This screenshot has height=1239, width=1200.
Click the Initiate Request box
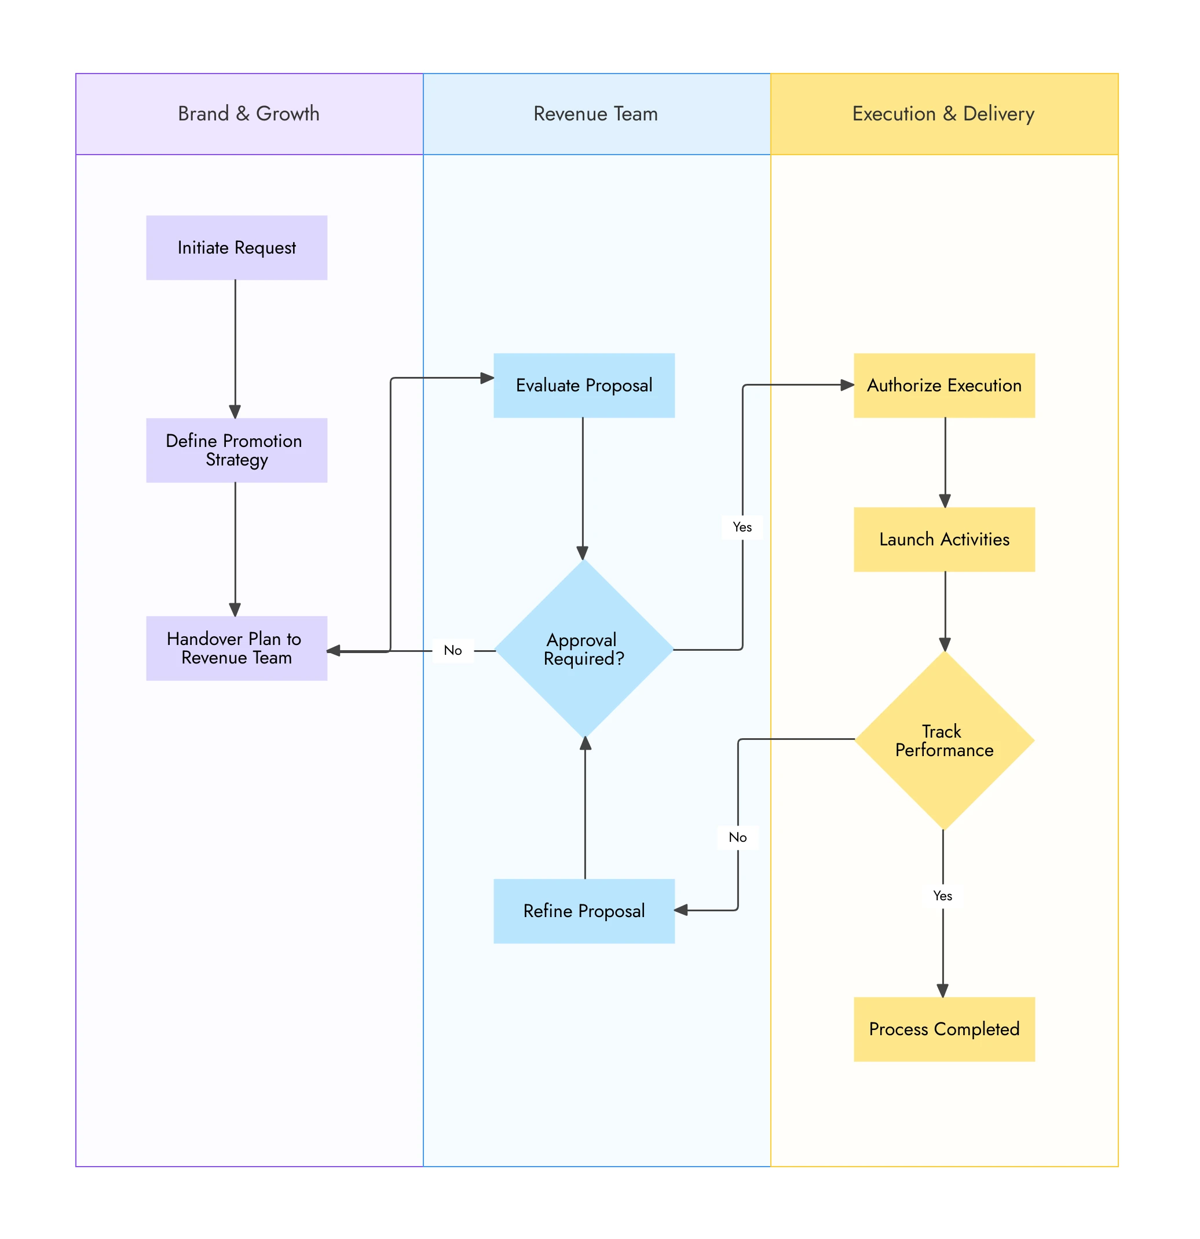coord(236,248)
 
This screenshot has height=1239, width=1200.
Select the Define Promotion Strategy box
coord(236,450)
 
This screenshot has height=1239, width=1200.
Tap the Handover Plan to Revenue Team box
coord(236,648)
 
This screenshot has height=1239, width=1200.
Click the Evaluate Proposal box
coord(584,386)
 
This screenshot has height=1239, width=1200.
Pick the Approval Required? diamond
coord(584,649)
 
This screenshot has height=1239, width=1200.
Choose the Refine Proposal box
coord(584,911)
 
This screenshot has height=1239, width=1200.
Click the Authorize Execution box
coord(944,386)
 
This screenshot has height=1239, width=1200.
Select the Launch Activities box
coord(944,540)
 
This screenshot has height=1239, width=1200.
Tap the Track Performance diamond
coord(944,741)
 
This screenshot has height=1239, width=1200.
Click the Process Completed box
coord(944,1029)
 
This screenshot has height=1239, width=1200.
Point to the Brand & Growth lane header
coord(249,114)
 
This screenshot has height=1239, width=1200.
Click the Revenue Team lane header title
coord(595,114)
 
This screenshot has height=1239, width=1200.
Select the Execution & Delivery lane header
coord(943,114)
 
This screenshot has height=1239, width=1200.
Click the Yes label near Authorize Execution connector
coord(742,527)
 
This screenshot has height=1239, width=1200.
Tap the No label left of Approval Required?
coord(453,651)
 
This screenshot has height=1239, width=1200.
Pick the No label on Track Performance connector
coord(737,838)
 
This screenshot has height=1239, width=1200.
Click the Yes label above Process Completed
coord(942,896)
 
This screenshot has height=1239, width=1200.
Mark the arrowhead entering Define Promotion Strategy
coord(235,412)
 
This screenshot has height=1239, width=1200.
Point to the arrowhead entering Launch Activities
coord(945,501)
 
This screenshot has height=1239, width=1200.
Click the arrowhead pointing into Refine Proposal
coord(682,910)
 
